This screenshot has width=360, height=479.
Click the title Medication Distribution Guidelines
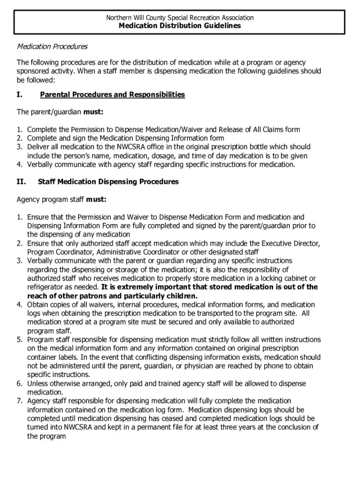click(180, 26)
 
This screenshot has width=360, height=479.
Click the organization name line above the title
click(180, 18)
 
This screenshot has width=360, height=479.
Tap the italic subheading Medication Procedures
click(52, 47)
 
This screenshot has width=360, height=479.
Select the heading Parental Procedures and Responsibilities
click(112, 95)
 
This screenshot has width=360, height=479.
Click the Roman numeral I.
click(19, 95)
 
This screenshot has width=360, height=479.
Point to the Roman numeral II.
click(21, 181)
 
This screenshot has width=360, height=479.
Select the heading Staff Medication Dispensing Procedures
click(108, 181)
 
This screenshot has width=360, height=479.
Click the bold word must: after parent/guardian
click(94, 112)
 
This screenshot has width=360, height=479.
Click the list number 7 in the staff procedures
click(20, 401)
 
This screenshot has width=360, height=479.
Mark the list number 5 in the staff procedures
click(20, 340)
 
